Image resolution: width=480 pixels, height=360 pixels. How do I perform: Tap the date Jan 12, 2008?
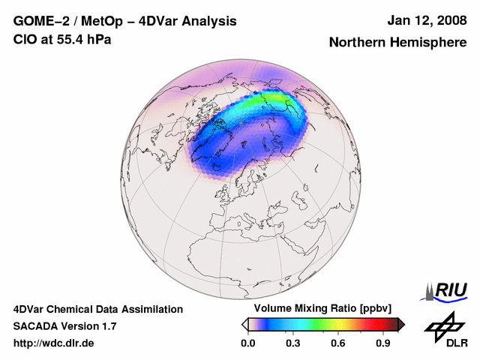pyautogui.click(x=426, y=21)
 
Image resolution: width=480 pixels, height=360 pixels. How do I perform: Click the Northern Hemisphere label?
pyautogui.click(x=397, y=43)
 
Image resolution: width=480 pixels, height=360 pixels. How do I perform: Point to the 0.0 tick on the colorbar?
pyautogui.click(x=247, y=343)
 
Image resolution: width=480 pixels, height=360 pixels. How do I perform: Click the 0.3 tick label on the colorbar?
pyautogui.click(x=292, y=343)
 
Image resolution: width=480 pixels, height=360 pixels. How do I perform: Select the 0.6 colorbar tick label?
pyautogui.click(x=337, y=343)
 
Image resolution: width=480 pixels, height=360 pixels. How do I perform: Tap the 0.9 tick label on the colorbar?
pyautogui.click(x=383, y=343)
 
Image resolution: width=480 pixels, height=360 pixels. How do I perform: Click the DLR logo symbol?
pyautogui.click(x=443, y=325)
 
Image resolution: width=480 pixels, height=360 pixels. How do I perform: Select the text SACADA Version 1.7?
pyautogui.click(x=64, y=326)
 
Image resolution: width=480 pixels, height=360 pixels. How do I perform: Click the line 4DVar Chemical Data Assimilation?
pyautogui.click(x=98, y=309)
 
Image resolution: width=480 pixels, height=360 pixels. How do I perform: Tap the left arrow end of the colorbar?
pyautogui.click(x=244, y=324)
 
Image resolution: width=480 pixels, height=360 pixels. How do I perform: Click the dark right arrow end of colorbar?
pyautogui.click(x=401, y=324)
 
